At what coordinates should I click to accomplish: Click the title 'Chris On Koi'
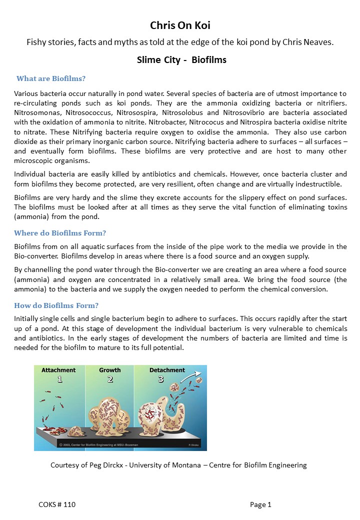180,25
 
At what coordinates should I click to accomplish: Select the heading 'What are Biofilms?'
51,78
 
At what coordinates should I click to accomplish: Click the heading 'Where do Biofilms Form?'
60,233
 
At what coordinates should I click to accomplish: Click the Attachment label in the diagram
58,370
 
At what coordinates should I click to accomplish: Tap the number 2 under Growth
110,379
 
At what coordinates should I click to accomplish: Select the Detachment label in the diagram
167,370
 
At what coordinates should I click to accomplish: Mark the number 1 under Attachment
59,379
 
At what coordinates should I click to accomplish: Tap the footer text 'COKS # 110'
57,505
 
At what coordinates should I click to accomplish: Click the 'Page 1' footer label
260,505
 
